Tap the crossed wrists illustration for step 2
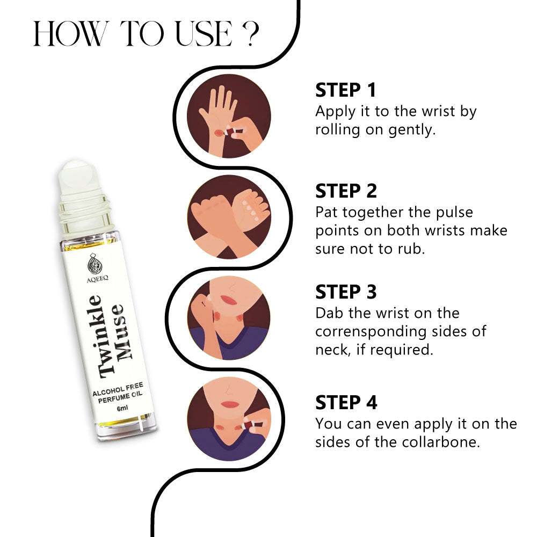(229, 217)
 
